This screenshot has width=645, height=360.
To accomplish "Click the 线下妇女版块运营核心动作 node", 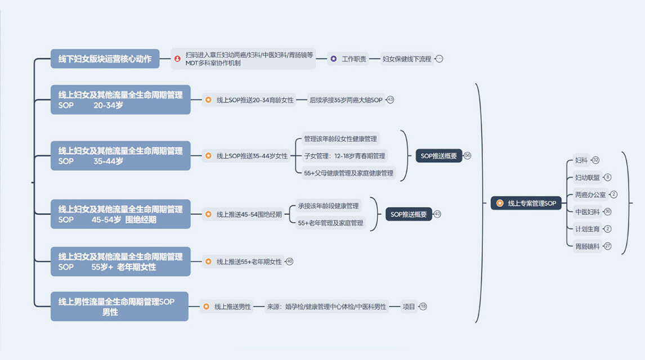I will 105,58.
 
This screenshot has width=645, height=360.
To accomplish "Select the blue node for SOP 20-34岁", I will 120,100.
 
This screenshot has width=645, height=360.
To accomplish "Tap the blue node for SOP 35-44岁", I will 120,156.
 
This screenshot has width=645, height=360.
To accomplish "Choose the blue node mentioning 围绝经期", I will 120,214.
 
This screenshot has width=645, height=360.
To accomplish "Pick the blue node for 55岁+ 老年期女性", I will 120,262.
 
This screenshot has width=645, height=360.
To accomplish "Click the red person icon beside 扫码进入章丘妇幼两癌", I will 178,58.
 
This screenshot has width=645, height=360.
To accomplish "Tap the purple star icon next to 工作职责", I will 334,58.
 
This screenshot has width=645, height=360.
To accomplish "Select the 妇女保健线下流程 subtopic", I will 406,58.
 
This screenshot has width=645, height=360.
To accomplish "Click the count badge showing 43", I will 390,100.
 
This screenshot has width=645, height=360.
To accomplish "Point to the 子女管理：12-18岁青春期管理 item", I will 344,156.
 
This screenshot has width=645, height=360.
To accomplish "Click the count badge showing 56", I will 467,156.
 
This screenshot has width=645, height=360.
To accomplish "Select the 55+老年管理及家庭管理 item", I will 331,223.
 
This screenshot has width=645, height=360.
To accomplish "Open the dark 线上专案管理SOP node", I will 526,203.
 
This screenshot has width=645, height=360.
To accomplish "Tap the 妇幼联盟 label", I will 587,178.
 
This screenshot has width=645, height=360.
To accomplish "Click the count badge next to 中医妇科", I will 608,211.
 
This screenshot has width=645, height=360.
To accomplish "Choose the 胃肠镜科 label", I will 587,246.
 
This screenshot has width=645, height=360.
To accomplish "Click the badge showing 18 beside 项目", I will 423,307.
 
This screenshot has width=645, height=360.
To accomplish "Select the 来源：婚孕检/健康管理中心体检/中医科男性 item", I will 326,307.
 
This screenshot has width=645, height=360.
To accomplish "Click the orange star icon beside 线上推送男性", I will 206,307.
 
